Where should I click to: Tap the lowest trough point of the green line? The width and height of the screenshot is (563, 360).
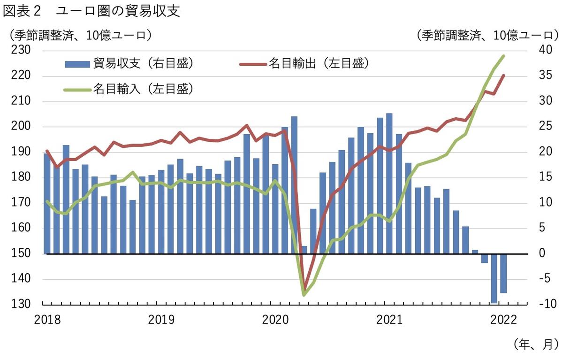(304, 295)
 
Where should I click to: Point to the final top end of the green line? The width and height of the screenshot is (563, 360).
(503, 56)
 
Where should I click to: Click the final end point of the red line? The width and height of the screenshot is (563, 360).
(503, 75)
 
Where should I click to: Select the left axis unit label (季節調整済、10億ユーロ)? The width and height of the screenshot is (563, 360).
(78, 35)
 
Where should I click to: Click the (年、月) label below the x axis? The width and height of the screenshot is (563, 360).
(535, 343)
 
